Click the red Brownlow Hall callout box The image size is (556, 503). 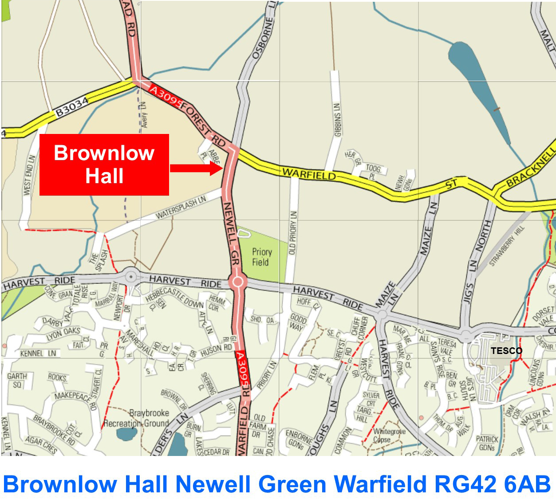104,164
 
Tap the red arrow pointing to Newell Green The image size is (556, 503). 196,168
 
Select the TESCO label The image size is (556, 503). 506,350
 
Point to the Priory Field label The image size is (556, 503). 261,257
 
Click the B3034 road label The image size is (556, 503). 72,107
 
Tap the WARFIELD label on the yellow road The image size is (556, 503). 309,173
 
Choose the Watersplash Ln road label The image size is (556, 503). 181,207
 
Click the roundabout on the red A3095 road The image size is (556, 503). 238,281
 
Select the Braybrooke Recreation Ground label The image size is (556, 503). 136,418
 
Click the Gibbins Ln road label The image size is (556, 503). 338,120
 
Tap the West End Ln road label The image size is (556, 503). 29,175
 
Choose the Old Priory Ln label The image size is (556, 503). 292,232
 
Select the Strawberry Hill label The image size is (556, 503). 507,246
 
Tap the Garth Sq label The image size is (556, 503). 17,381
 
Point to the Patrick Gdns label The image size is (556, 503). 487,443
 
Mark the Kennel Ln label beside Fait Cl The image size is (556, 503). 38,354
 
